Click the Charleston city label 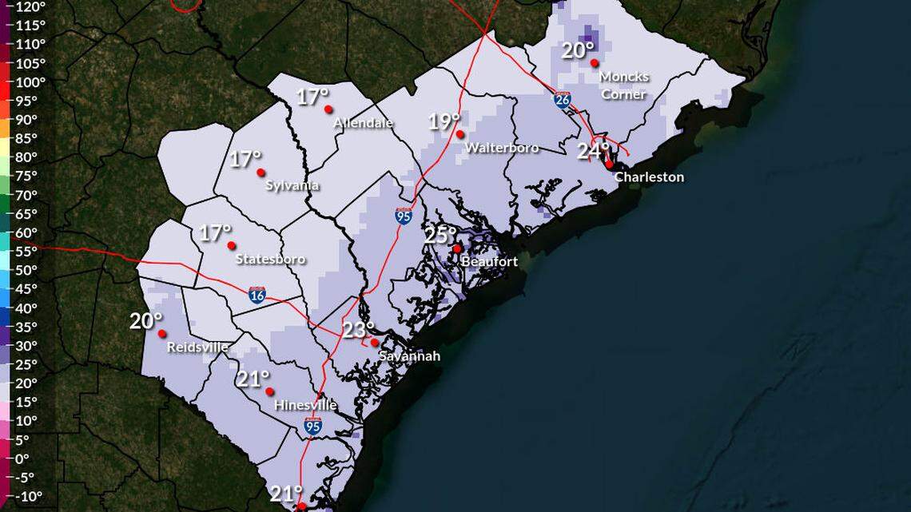point(649,177)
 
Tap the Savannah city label point(409,355)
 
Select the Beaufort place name point(490,261)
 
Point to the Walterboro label point(502,148)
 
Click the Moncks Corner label point(624,85)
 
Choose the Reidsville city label point(197,347)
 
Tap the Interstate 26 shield point(563,99)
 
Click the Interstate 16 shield point(257,295)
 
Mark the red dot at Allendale point(328,109)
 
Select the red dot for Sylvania point(261,173)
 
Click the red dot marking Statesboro point(232,245)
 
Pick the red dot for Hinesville point(270,391)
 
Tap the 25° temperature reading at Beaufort point(440,235)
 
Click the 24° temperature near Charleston point(593,150)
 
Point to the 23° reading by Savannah point(359,330)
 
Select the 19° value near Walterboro point(444,121)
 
